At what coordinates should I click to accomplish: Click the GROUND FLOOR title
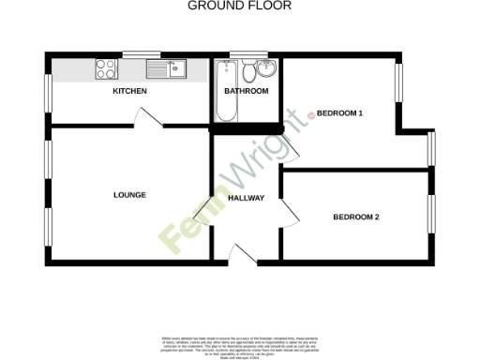[240, 6]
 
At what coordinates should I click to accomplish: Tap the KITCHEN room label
[130, 92]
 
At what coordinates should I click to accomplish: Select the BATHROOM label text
[247, 92]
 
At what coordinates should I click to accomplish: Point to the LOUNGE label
[129, 195]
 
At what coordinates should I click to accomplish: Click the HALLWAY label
[247, 199]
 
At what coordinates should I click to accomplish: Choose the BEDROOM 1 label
[339, 113]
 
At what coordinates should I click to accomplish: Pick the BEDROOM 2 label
[356, 217]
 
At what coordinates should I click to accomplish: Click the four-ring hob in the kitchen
[105, 68]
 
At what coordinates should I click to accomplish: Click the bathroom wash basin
[267, 68]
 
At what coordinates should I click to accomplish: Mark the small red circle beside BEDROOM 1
[312, 116]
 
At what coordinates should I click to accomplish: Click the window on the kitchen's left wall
[48, 94]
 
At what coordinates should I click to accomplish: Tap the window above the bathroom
[246, 53]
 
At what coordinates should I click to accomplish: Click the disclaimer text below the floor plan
[240, 343]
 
